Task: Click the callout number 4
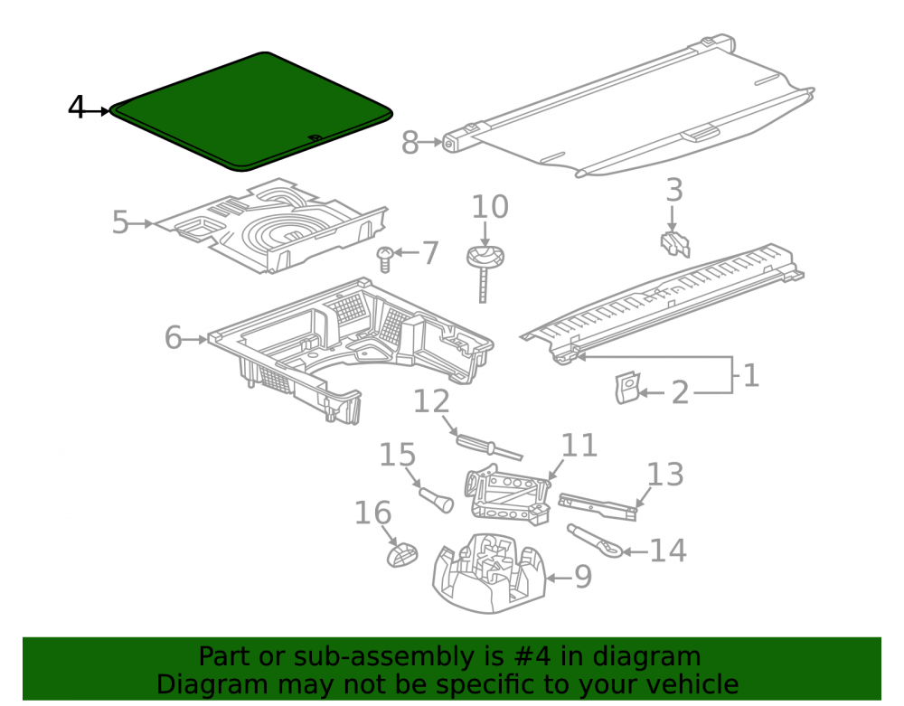pyautogui.click(x=76, y=108)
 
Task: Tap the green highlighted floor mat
pyautogui.click(x=250, y=112)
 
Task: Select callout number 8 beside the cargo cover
pyautogui.click(x=410, y=142)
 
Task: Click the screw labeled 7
pyautogui.click(x=384, y=259)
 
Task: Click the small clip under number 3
pyautogui.click(x=675, y=244)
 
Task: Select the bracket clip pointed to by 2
pyautogui.click(x=628, y=387)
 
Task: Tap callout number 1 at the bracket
pyautogui.click(x=750, y=375)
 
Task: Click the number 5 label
pyautogui.click(x=120, y=222)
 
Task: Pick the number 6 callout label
pyautogui.click(x=173, y=338)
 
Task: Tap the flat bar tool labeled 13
pyautogui.click(x=598, y=506)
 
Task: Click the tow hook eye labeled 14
pyautogui.click(x=595, y=541)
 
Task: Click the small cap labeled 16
pyautogui.click(x=402, y=555)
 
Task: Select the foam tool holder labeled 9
pyautogui.click(x=489, y=573)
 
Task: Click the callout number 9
pyautogui.click(x=583, y=577)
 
